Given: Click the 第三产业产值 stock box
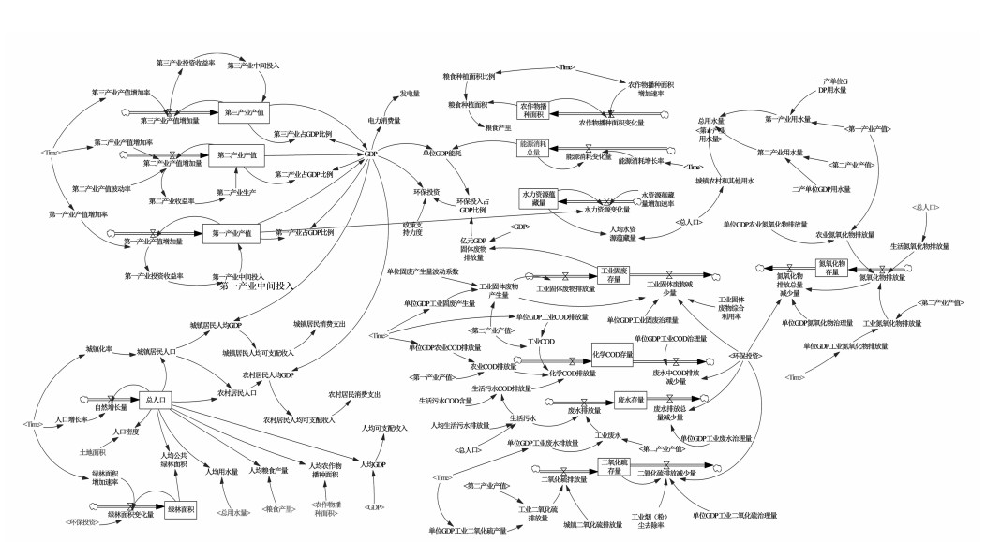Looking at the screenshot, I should [x=244, y=112].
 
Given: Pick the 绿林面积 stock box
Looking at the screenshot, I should [x=182, y=509].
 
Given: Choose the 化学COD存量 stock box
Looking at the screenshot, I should [x=613, y=355].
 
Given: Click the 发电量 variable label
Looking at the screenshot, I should [x=410, y=94].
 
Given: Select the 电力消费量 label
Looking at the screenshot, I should [x=384, y=120].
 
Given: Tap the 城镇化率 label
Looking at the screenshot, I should [x=98, y=349].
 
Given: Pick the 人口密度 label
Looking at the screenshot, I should [x=126, y=432].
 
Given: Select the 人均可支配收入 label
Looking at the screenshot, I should [x=386, y=428].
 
